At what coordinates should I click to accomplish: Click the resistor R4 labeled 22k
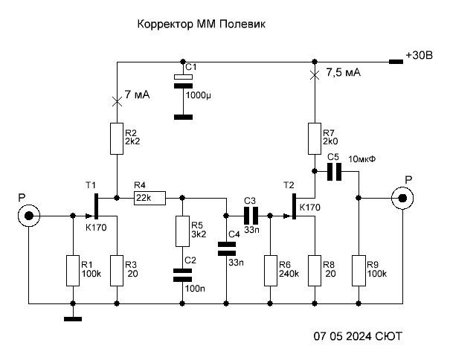149,199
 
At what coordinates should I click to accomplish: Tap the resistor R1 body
73,271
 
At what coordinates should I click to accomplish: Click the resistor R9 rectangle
359,271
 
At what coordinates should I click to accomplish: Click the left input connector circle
28,216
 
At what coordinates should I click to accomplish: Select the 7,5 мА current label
344,73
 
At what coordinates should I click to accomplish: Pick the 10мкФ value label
364,158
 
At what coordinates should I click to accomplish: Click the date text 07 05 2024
340,337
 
